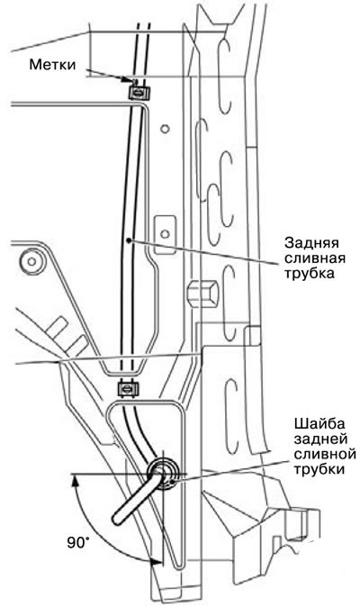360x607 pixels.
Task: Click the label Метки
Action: coord(52,65)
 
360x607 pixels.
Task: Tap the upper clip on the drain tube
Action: coord(137,92)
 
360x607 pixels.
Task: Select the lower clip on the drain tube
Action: coord(127,388)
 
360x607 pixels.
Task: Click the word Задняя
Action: coord(311,243)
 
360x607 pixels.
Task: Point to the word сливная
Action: coord(315,258)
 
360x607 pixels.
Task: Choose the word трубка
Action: coord(310,273)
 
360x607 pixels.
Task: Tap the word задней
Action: coord(320,439)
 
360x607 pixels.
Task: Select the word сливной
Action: coord(325,453)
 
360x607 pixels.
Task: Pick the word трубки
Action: coord(319,469)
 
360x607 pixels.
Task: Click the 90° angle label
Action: coord(78,543)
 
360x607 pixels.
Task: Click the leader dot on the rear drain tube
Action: coord(130,240)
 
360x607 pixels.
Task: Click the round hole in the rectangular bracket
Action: coord(166,233)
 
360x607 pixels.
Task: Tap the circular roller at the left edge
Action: coord(31,261)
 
